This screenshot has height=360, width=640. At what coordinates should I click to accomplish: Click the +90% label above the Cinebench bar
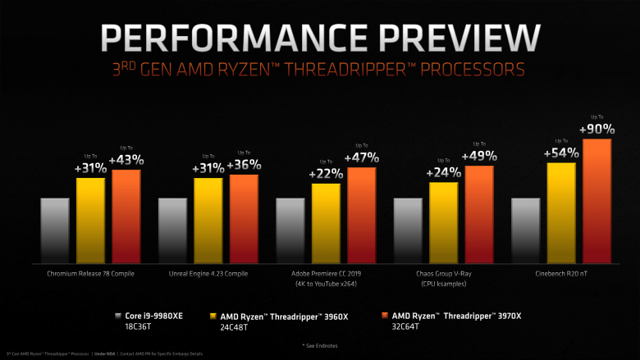coord(597,129)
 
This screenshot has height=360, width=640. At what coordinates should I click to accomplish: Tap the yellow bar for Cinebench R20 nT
coord(561,211)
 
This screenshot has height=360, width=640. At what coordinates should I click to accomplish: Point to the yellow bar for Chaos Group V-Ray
coord(444,221)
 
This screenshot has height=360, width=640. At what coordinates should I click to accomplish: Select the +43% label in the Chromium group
coord(126,159)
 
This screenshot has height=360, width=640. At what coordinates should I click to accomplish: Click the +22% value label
coord(326,173)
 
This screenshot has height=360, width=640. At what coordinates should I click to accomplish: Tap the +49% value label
coord(479,155)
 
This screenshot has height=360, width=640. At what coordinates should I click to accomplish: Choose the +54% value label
coord(561,152)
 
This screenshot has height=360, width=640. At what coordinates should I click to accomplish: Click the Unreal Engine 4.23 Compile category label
coord(208,273)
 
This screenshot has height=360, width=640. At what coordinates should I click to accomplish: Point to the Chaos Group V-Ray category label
coord(444,273)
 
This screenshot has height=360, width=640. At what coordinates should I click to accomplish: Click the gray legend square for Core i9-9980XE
coord(120,315)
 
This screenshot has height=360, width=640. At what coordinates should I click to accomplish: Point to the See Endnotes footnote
coord(320,345)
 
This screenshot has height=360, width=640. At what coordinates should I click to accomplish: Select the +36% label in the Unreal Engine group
coord(244,166)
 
